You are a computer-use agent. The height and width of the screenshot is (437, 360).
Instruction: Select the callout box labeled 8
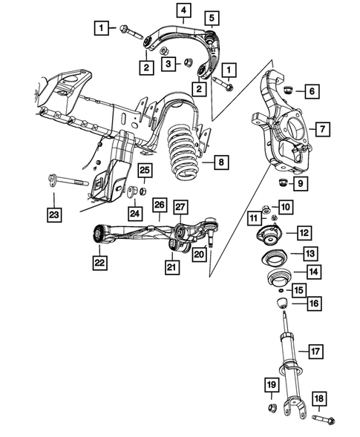pyautogui.click(x=220, y=161)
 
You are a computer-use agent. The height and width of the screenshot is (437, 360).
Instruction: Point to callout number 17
pyautogui.click(x=315, y=351)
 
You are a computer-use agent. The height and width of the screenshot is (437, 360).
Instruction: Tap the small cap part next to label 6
pyautogui.click(x=290, y=91)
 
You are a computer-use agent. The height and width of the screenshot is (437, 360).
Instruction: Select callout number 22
pyautogui.click(x=99, y=262)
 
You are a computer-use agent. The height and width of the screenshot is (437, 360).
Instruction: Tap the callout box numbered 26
pyautogui.click(x=159, y=205)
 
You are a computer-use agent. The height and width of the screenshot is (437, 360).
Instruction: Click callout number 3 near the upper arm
pyautogui.click(x=169, y=65)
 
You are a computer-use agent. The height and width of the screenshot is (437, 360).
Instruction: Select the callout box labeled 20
pyautogui.click(x=198, y=254)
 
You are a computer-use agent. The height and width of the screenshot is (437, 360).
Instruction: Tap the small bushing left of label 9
pyautogui.click(x=282, y=182)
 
